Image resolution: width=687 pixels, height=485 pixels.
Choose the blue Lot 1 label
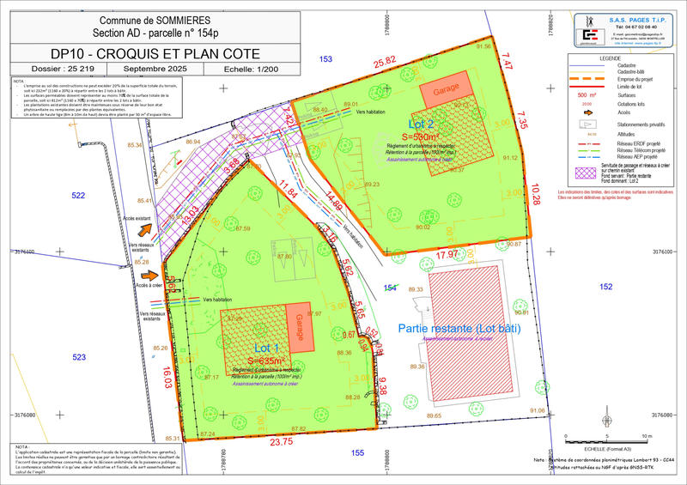tap(266, 348)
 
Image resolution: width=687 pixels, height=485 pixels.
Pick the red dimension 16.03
tap(166, 377)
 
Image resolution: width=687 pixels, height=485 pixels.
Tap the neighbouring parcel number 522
tap(79, 196)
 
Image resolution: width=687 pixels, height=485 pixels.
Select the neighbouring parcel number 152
tap(605, 286)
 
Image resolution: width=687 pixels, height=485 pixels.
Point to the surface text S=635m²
tap(266, 361)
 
